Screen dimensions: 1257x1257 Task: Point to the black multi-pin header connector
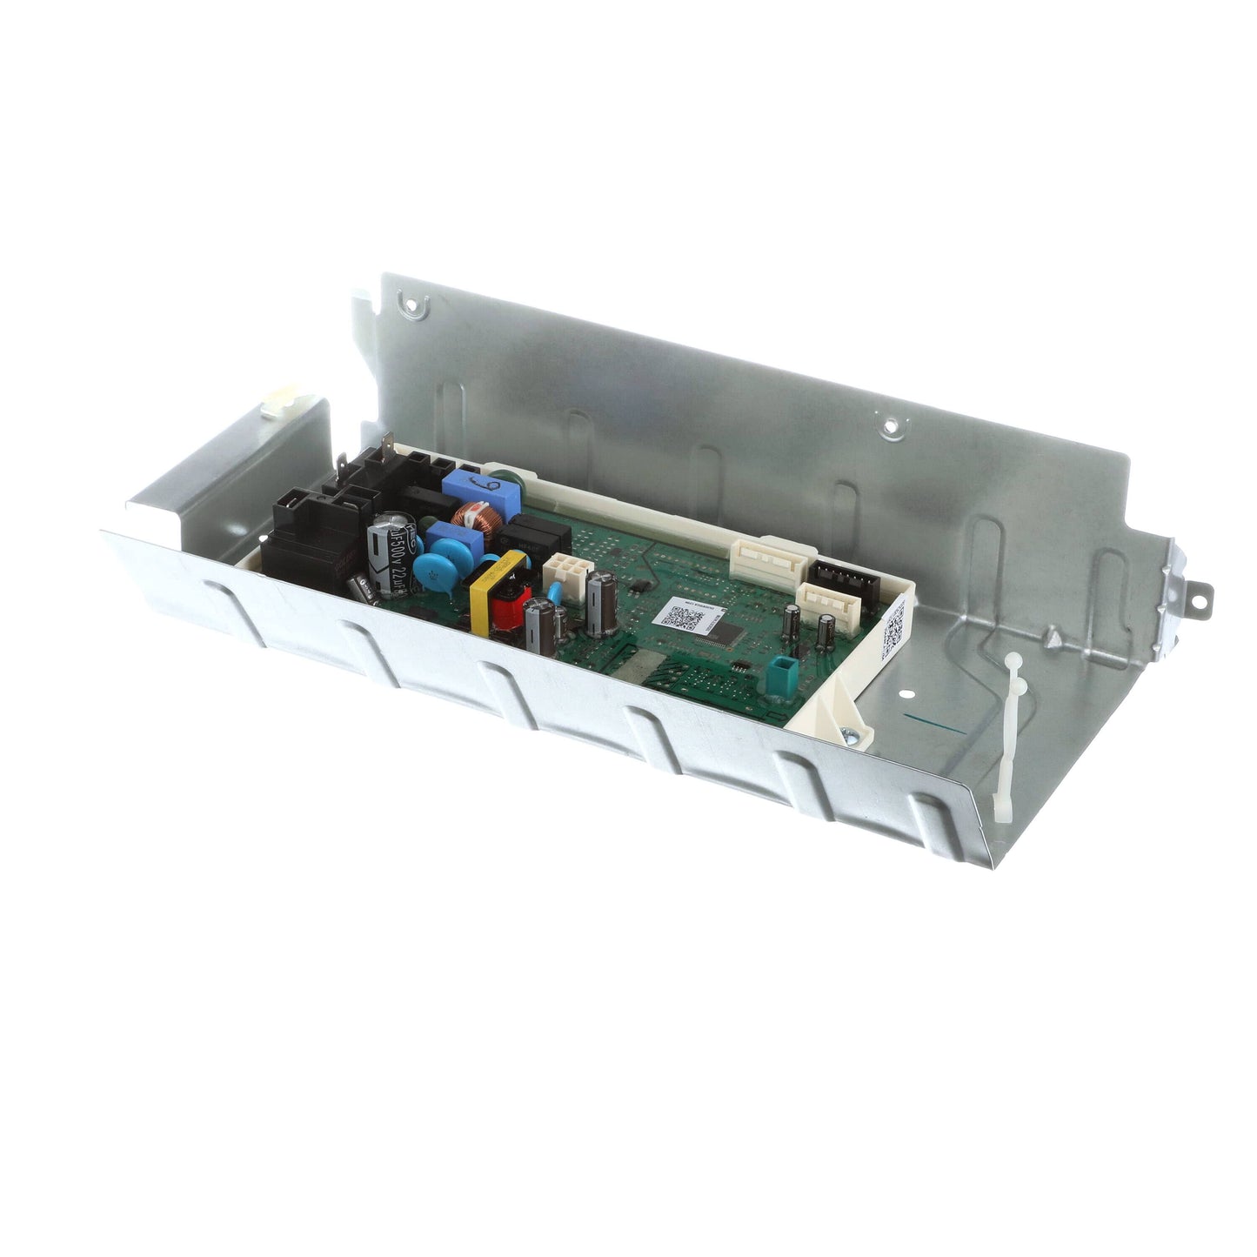point(840,574)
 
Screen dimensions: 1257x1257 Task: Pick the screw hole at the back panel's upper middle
point(889,425)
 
